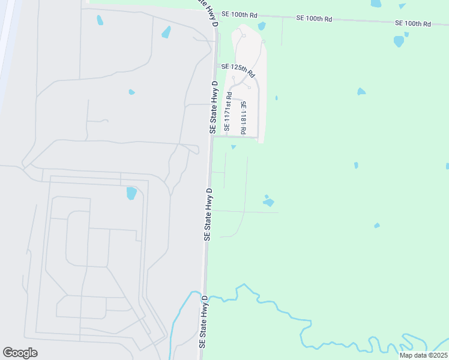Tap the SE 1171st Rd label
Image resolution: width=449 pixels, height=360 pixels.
click(x=228, y=112)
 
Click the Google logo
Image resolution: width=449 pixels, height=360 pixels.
click(x=20, y=352)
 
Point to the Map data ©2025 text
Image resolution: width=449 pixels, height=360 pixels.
click(x=423, y=355)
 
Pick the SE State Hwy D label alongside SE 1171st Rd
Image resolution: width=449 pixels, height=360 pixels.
click(x=212, y=107)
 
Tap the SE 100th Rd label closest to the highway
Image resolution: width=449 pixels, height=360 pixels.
click(x=239, y=14)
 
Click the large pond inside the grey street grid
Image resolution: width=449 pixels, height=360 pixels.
click(x=131, y=193)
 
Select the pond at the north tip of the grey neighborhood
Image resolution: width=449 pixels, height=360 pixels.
click(x=261, y=26)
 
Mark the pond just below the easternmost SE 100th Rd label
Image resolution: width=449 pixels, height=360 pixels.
click(x=399, y=41)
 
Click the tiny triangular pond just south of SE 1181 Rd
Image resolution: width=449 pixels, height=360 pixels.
click(x=234, y=146)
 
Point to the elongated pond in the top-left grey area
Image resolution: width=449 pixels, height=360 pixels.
click(x=100, y=20)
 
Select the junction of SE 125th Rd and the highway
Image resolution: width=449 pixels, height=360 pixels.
click(x=215, y=66)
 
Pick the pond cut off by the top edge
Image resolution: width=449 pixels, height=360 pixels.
click(x=376, y=4)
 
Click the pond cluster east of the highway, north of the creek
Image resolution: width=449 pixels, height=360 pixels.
click(x=268, y=202)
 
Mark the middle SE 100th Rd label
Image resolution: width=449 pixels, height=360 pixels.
click(x=314, y=19)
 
